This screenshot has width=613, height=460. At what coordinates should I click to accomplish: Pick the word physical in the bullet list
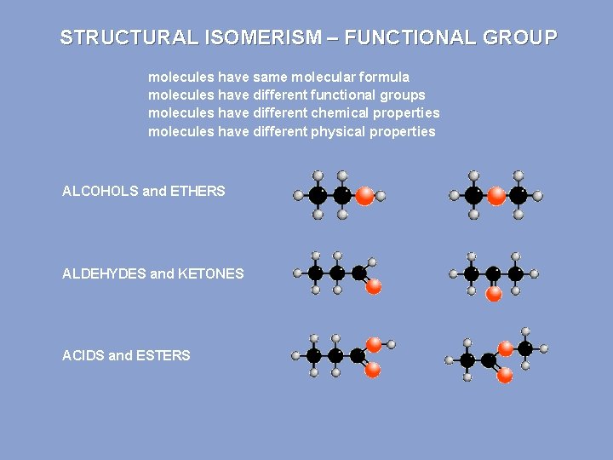338,131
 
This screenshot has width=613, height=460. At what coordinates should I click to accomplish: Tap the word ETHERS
198,191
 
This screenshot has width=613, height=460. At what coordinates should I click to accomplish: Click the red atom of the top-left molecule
364,196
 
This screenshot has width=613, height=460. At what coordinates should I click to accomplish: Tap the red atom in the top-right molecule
496,196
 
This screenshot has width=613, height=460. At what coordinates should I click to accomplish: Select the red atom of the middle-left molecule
373,287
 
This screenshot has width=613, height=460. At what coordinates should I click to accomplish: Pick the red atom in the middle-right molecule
493,294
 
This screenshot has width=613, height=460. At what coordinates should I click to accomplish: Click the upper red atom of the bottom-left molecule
373,344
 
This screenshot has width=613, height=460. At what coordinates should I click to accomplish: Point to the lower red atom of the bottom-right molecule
505,374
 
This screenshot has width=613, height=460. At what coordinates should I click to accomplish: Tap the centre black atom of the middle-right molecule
493,273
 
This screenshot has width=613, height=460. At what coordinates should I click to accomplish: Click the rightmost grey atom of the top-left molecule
381,196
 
